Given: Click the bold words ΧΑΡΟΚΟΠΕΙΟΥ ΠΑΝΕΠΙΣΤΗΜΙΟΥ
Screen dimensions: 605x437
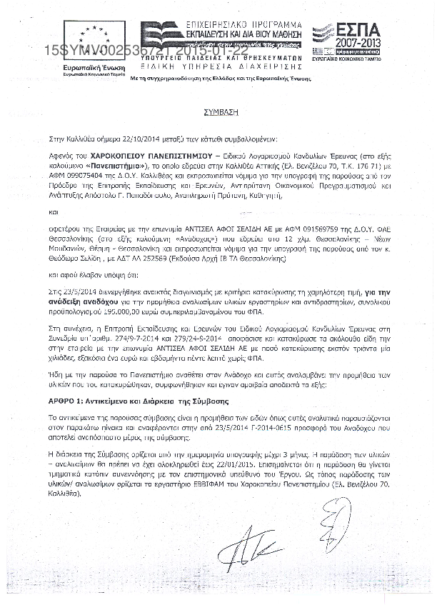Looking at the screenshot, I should [135, 154].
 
